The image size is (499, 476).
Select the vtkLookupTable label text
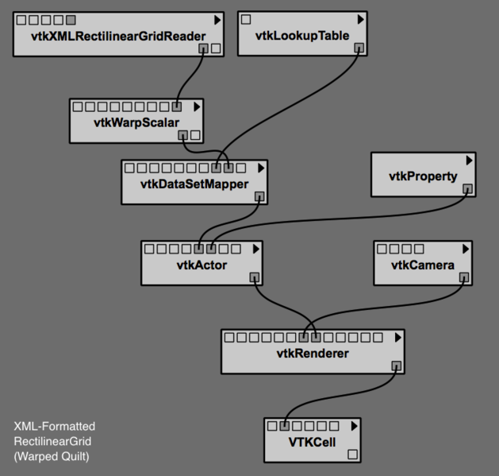pyautogui.click(x=302, y=37)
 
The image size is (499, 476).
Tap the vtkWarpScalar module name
pyautogui.click(x=136, y=122)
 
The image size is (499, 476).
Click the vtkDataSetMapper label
pyautogui.click(x=194, y=184)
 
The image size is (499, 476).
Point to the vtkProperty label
pyautogui.click(x=423, y=176)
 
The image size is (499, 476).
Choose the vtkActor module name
pyautogui.click(x=202, y=265)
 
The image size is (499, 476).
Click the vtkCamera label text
pyautogui.click(x=422, y=265)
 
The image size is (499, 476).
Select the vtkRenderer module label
pyautogui.click(x=312, y=353)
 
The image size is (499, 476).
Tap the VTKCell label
pyautogui.click(x=312, y=441)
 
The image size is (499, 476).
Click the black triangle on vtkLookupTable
pyautogui.click(x=361, y=19)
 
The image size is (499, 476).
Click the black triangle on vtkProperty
pyautogui.click(x=470, y=160)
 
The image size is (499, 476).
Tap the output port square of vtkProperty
pyautogui.click(x=468, y=189)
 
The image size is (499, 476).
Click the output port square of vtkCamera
pyautogui.click(x=464, y=277)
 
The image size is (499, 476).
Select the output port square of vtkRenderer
pyautogui.click(x=397, y=366)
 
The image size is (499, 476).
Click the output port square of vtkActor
pyautogui.click(x=255, y=277)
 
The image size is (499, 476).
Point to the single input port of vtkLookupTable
pyautogui.click(x=246, y=19)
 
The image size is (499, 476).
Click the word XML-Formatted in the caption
pyautogui.click(x=54, y=427)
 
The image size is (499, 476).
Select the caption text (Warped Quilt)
pyautogui.click(x=52, y=456)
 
